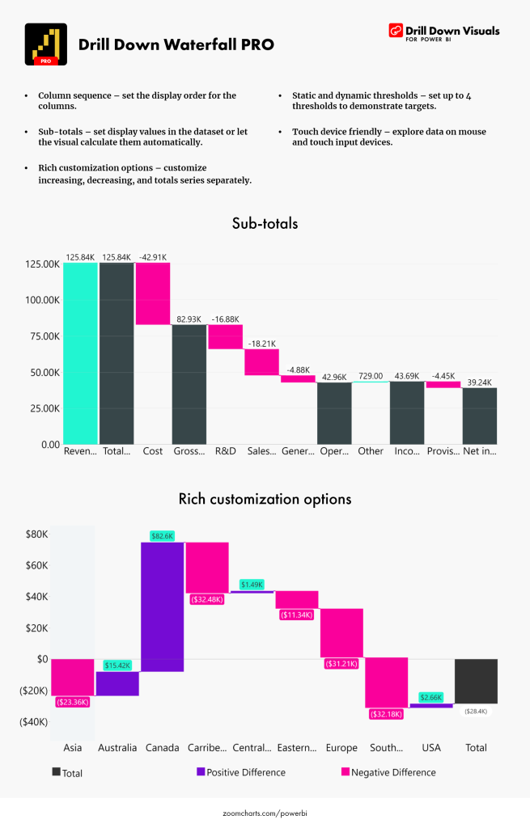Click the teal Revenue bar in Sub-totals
[80, 353]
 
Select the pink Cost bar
[152, 294]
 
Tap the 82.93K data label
[189, 319]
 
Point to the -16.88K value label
[225, 319]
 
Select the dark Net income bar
[480, 416]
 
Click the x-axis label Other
[371, 451]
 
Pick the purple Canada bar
[163, 606]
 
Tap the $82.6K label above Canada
[163, 535]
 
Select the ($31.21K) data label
[341, 664]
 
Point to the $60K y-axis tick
[36, 565]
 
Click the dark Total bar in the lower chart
[476, 681]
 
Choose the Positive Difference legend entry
[241, 772]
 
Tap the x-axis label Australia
[117, 748]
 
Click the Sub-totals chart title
[265, 224]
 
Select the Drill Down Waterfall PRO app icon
[46, 44]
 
